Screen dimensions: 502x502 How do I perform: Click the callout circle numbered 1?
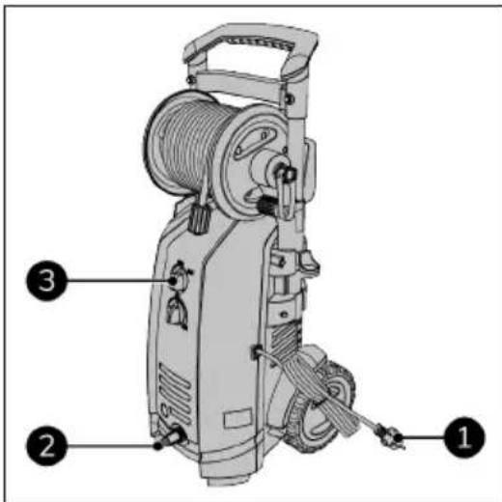coord(462,436)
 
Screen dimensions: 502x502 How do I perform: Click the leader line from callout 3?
coord(116,281)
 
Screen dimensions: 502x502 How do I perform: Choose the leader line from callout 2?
coord(106,446)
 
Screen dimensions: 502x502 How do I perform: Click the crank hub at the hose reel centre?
coord(282,172)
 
